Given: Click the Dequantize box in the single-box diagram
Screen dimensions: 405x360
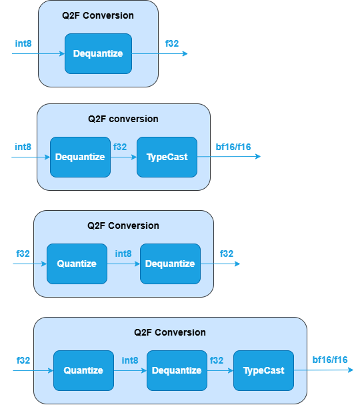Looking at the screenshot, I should [x=98, y=53].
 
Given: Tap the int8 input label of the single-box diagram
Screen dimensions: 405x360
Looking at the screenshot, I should [x=23, y=44].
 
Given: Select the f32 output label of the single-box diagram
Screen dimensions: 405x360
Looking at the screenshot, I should [x=172, y=44].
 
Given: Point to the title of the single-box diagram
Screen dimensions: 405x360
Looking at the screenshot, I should [x=98, y=15].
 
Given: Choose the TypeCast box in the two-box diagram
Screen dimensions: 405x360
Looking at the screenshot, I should [x=167, y=157].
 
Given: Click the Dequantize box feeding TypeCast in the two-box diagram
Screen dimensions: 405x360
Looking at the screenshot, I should [x=80, y=157].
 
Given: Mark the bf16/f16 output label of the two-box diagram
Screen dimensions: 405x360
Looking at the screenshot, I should [x=233, y=147].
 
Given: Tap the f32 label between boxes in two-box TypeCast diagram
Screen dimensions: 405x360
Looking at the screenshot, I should [x=120, y=147].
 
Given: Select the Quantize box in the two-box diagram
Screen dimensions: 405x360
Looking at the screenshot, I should [x=77, y=264].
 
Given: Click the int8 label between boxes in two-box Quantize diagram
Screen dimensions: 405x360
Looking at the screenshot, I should [x=123, y=254].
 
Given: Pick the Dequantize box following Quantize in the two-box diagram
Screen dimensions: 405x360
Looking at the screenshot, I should [x=170, y=264].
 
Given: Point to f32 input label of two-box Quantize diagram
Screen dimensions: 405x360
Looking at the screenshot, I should [x=23, y=254].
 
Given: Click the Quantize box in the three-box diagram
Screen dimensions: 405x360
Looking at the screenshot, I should [x=83, y=370].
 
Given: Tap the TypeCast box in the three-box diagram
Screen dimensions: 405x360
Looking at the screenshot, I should [x=263, y=370].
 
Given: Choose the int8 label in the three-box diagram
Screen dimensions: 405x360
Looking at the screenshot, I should [x=130, y=360].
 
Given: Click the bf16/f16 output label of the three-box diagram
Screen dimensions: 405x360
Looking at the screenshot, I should [x=330, y=360].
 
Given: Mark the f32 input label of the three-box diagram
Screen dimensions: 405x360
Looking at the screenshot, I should [x=23, y=360].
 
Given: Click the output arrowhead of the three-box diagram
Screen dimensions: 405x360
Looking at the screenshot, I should [x=350, y=370].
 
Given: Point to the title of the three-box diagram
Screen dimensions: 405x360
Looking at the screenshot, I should [x=170, y=332].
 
